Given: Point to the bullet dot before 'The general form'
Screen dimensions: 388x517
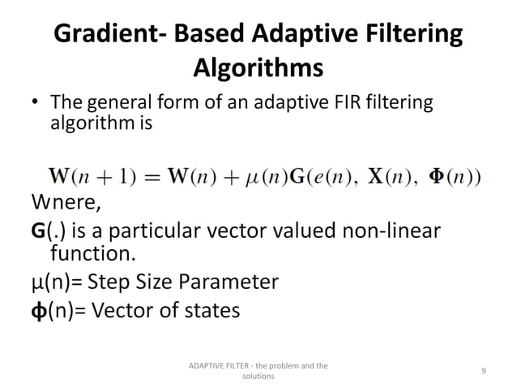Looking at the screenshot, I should (x=35, y=106).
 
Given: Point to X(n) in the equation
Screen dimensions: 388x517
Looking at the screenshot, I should (x=393, y=175).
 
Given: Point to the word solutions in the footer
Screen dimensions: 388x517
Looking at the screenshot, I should (x=258, y=377).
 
